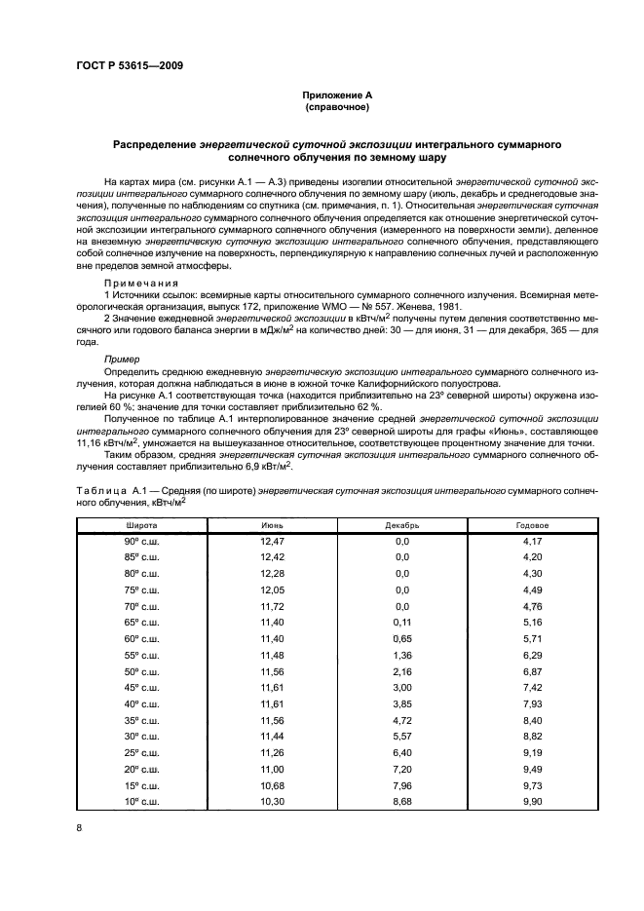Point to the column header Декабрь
(401, 524)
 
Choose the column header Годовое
(531, 524)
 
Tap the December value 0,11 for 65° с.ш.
(401, 621)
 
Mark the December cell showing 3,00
(401, 686)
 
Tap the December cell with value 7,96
(401, 783)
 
